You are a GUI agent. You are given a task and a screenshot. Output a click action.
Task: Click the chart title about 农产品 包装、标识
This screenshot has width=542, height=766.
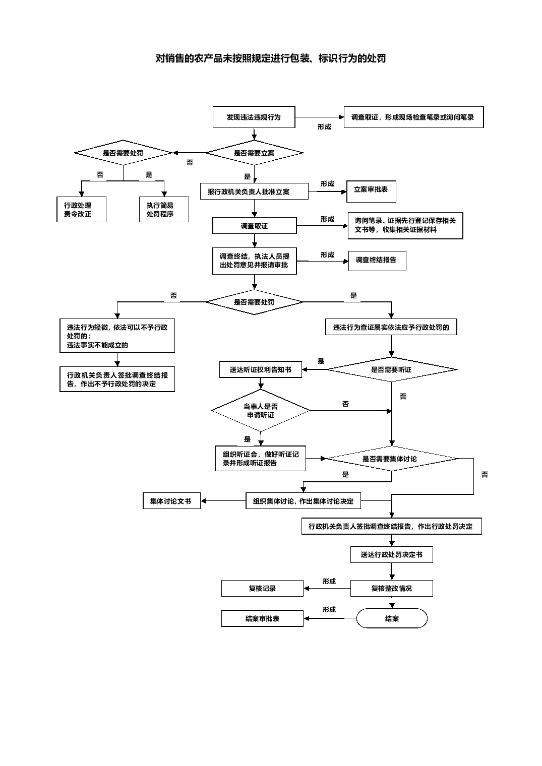coord(271,58)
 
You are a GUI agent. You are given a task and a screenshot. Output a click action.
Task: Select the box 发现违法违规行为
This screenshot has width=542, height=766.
coord(254,117)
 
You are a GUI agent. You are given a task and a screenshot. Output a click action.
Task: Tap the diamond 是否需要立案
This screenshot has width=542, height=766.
coord(254,153)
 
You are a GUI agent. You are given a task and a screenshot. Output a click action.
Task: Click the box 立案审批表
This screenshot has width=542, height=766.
coord(371,191)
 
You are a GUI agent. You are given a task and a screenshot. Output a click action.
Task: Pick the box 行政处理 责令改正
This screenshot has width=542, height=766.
coord(82,209)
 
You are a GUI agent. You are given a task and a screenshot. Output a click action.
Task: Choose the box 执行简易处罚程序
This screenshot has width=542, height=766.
coord(164,209)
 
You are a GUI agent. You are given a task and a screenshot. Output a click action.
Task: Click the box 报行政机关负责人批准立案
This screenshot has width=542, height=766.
coord(254,191)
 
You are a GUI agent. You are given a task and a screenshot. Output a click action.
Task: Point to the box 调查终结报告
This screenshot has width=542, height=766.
coord(377,261)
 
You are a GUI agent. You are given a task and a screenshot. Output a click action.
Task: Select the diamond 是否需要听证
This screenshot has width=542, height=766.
coord(391,369)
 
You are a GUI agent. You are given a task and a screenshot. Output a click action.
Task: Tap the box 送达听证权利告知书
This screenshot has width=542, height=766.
coord(260,369)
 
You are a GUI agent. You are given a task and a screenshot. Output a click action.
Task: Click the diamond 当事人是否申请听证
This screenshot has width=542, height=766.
coord(261,410)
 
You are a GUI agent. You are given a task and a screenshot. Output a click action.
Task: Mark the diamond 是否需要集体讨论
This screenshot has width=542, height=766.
coord(392,459)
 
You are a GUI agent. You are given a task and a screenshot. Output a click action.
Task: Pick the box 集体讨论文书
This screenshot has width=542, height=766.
coord(171,501)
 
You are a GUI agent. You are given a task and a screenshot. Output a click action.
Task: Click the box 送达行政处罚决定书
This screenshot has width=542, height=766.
coord(391,554)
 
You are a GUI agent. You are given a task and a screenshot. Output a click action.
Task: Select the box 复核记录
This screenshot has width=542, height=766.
coord(262,588)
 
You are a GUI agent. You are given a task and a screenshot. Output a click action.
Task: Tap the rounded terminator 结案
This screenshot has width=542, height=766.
coord(392,618)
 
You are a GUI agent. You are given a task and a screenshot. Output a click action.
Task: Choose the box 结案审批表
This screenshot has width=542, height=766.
coord(262,618)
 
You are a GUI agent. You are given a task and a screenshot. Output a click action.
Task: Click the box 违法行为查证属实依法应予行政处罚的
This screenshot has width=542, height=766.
coord(391,327)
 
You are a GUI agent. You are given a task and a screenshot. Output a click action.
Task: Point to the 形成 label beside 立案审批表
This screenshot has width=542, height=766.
coord(327,183)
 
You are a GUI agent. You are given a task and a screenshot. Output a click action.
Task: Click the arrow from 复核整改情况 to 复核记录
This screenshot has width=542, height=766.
coord(327,589)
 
